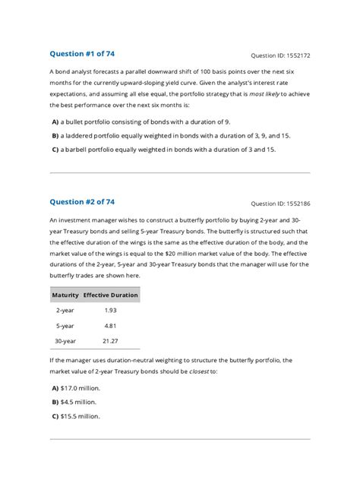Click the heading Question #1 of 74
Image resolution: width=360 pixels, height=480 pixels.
point(82,54)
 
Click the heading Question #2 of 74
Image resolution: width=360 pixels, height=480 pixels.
point(82,202)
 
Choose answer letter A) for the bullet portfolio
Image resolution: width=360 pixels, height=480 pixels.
point(55,122)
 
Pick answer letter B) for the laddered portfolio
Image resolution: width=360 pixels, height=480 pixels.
point(55,135)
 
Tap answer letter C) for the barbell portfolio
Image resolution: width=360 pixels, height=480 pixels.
point(55,150)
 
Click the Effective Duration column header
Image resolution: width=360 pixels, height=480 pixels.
point(111,295)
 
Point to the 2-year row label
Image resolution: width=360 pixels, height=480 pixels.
point(65,310)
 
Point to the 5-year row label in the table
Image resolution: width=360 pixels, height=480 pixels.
point(65,325)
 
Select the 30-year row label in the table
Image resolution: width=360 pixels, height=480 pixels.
point(65,341)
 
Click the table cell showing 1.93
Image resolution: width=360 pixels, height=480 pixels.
point(110,310)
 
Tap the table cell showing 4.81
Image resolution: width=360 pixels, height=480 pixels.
point(110,325)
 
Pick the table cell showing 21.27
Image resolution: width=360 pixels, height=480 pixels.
point(110,341)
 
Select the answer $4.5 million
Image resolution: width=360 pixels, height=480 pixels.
point(80,401)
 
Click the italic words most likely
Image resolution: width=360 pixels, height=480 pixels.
point(269,93)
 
